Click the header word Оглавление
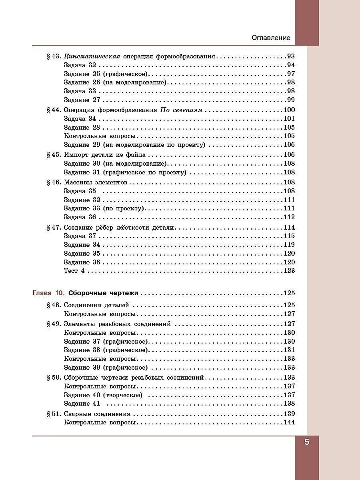271,38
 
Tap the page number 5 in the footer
307,442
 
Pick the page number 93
290,56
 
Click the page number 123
289,271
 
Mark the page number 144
289,423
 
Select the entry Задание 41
82,404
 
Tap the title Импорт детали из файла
105,155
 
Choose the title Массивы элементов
95,182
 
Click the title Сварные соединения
97,414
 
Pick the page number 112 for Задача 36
289,217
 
